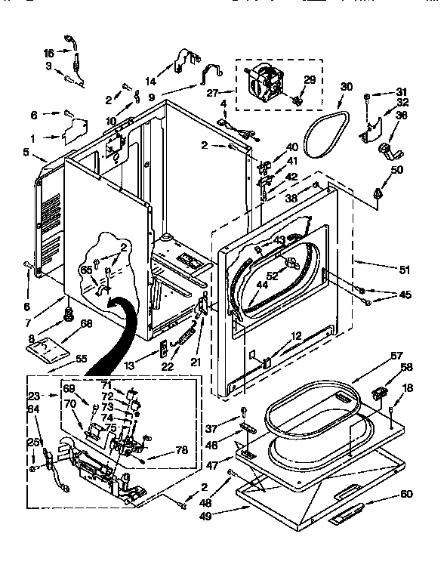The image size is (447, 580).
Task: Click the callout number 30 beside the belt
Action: coord(346,87)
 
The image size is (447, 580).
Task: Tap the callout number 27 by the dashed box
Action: coord(214,93)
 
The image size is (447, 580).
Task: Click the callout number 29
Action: coord(309,80)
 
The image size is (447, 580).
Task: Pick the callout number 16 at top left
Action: coord(49,53)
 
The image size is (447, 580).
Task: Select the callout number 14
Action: coord(150,81)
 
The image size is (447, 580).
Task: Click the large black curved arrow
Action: coord(113,332)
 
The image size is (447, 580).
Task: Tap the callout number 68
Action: coord(87,325)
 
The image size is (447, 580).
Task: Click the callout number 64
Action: coord(33,410)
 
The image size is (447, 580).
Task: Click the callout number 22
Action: coord(167,366)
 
